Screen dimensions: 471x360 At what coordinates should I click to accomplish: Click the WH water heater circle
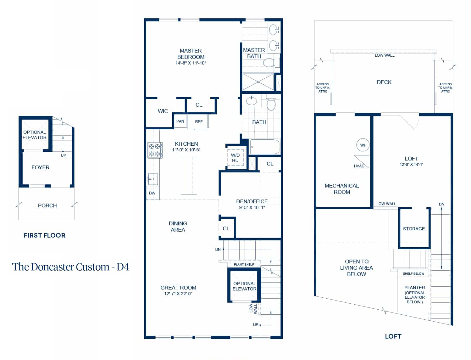(363, 145)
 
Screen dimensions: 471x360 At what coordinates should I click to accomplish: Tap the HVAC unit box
(361, 162)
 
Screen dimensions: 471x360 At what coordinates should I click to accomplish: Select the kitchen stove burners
(155, 150)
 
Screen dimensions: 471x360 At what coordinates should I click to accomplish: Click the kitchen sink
(153, 179)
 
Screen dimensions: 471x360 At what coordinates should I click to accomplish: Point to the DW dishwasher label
(152, 193)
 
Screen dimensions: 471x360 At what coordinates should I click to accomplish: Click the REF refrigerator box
(198, 122)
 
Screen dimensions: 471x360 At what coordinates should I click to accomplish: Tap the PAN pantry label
(180, 121)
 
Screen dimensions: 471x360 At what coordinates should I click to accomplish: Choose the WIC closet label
(163, 111)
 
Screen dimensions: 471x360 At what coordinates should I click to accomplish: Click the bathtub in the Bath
(265, 147)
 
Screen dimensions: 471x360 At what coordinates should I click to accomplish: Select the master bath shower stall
(258, 82)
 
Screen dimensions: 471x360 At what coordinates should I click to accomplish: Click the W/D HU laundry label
(235, 158)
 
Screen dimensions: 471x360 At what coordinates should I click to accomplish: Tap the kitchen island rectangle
(189, 175)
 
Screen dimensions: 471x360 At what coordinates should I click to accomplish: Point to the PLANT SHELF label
(244, 264)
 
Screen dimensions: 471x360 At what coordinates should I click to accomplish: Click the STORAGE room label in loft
(414, 229)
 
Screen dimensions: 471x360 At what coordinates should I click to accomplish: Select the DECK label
(384, 82)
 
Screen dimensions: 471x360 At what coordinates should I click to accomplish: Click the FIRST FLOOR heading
(45, 235)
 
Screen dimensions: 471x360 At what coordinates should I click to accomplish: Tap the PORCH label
(47, 205)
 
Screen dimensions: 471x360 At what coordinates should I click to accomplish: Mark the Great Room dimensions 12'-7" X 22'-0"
(178, 294)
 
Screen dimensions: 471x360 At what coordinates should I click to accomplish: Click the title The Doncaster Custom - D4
(71, 267)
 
